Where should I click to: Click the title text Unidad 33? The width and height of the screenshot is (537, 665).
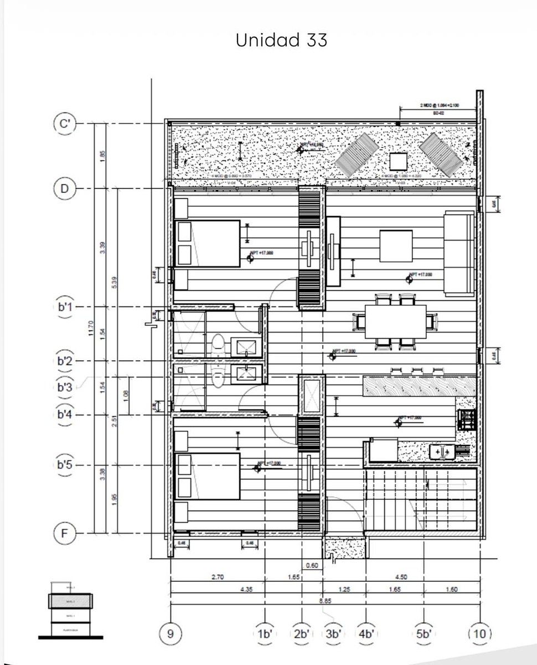[x=281, y=40]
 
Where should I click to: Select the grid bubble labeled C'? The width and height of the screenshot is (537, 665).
[x=65, y=124]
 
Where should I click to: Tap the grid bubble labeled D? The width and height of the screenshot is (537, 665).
[x=65, y=189]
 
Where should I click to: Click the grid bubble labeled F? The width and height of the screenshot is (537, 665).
[x=65, y=534]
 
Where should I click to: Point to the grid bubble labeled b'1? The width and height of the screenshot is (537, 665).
[x=65, y=307]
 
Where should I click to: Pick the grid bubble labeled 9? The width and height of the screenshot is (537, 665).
[x=170, y=633]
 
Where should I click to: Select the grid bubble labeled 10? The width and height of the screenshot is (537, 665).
[x=479, y=633]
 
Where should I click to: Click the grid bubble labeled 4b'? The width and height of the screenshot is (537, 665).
[x=366, y=633]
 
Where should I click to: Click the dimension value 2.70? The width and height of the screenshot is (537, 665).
[x=218, y=577]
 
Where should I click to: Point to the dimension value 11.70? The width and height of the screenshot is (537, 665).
[x=91, y=328]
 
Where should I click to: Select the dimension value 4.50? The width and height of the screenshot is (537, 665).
[x=401, y=577]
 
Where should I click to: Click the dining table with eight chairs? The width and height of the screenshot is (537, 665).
[x=395, y=321]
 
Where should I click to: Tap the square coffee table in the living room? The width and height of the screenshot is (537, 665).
[x=395, y=247]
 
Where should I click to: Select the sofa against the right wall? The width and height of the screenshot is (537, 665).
[x=458, y=254]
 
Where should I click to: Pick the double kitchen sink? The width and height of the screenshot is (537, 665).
[x=441, y=452]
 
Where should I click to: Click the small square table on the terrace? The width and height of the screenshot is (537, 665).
[x=398, y=162]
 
